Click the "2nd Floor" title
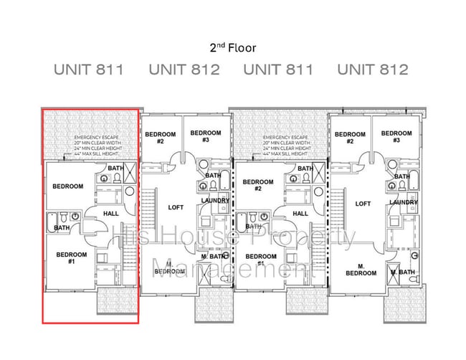(232, 48)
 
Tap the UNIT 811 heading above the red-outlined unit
(89, 70)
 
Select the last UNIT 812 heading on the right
(372, 70)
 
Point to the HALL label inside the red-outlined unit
(111, 213)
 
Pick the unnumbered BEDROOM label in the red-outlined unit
(68, 186)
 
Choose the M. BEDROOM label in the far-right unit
(361, 270)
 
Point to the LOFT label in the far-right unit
(363, 204)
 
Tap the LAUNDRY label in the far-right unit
(404, 203)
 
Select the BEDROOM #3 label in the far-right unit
(396, 137)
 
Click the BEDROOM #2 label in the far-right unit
(350, 138)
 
